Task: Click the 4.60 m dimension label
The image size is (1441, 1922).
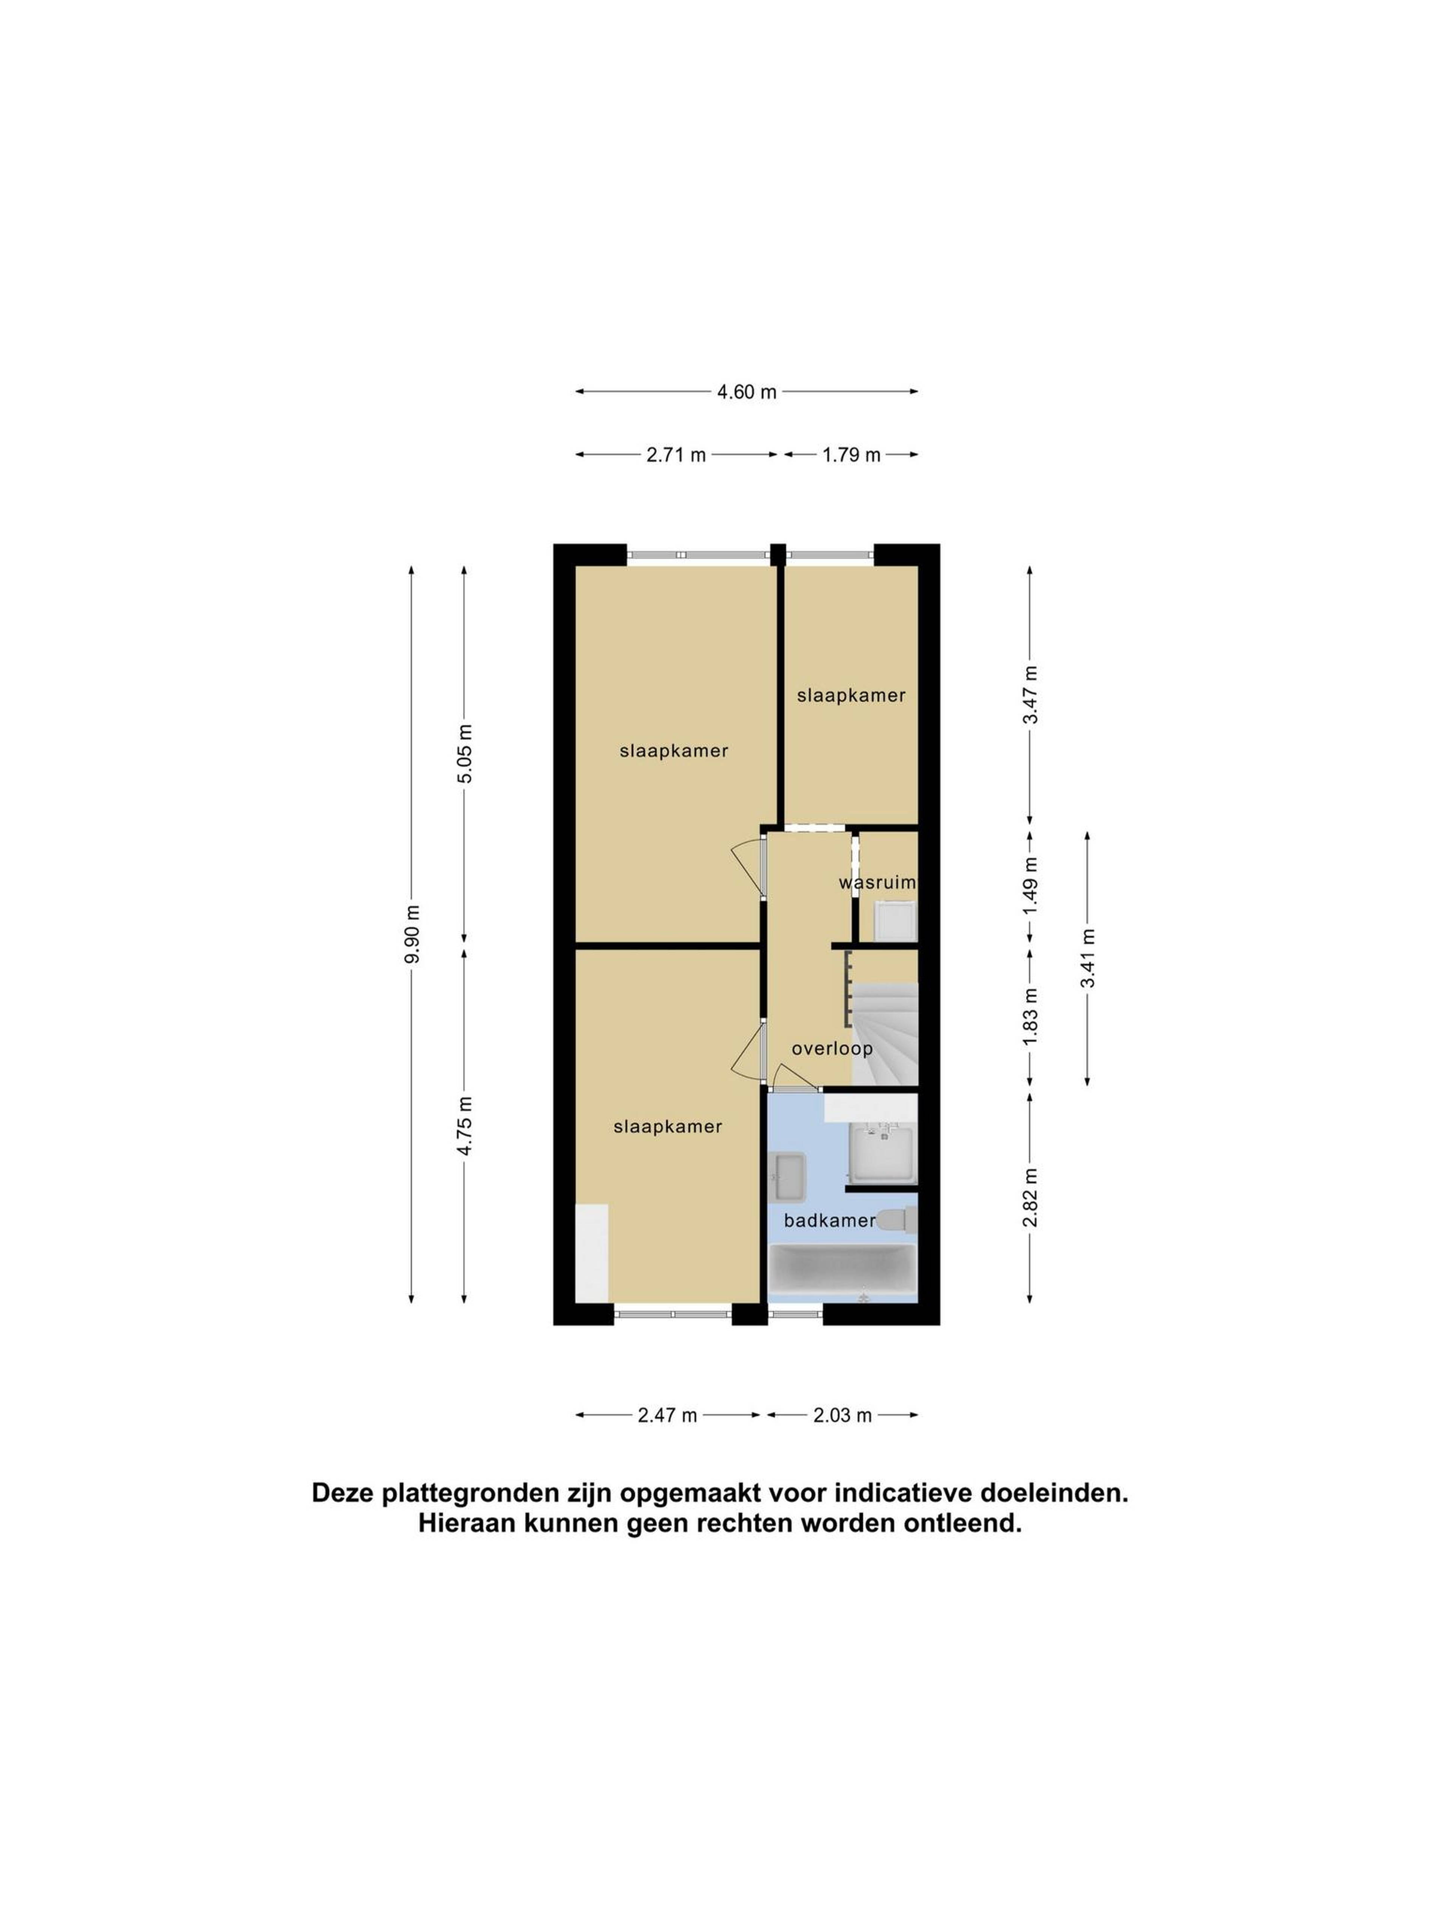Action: [746, 392]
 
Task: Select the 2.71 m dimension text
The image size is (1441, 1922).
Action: [676, 455]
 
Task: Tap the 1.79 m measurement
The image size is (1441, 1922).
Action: [851, 455]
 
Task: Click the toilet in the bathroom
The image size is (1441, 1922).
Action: [897, 1220]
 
